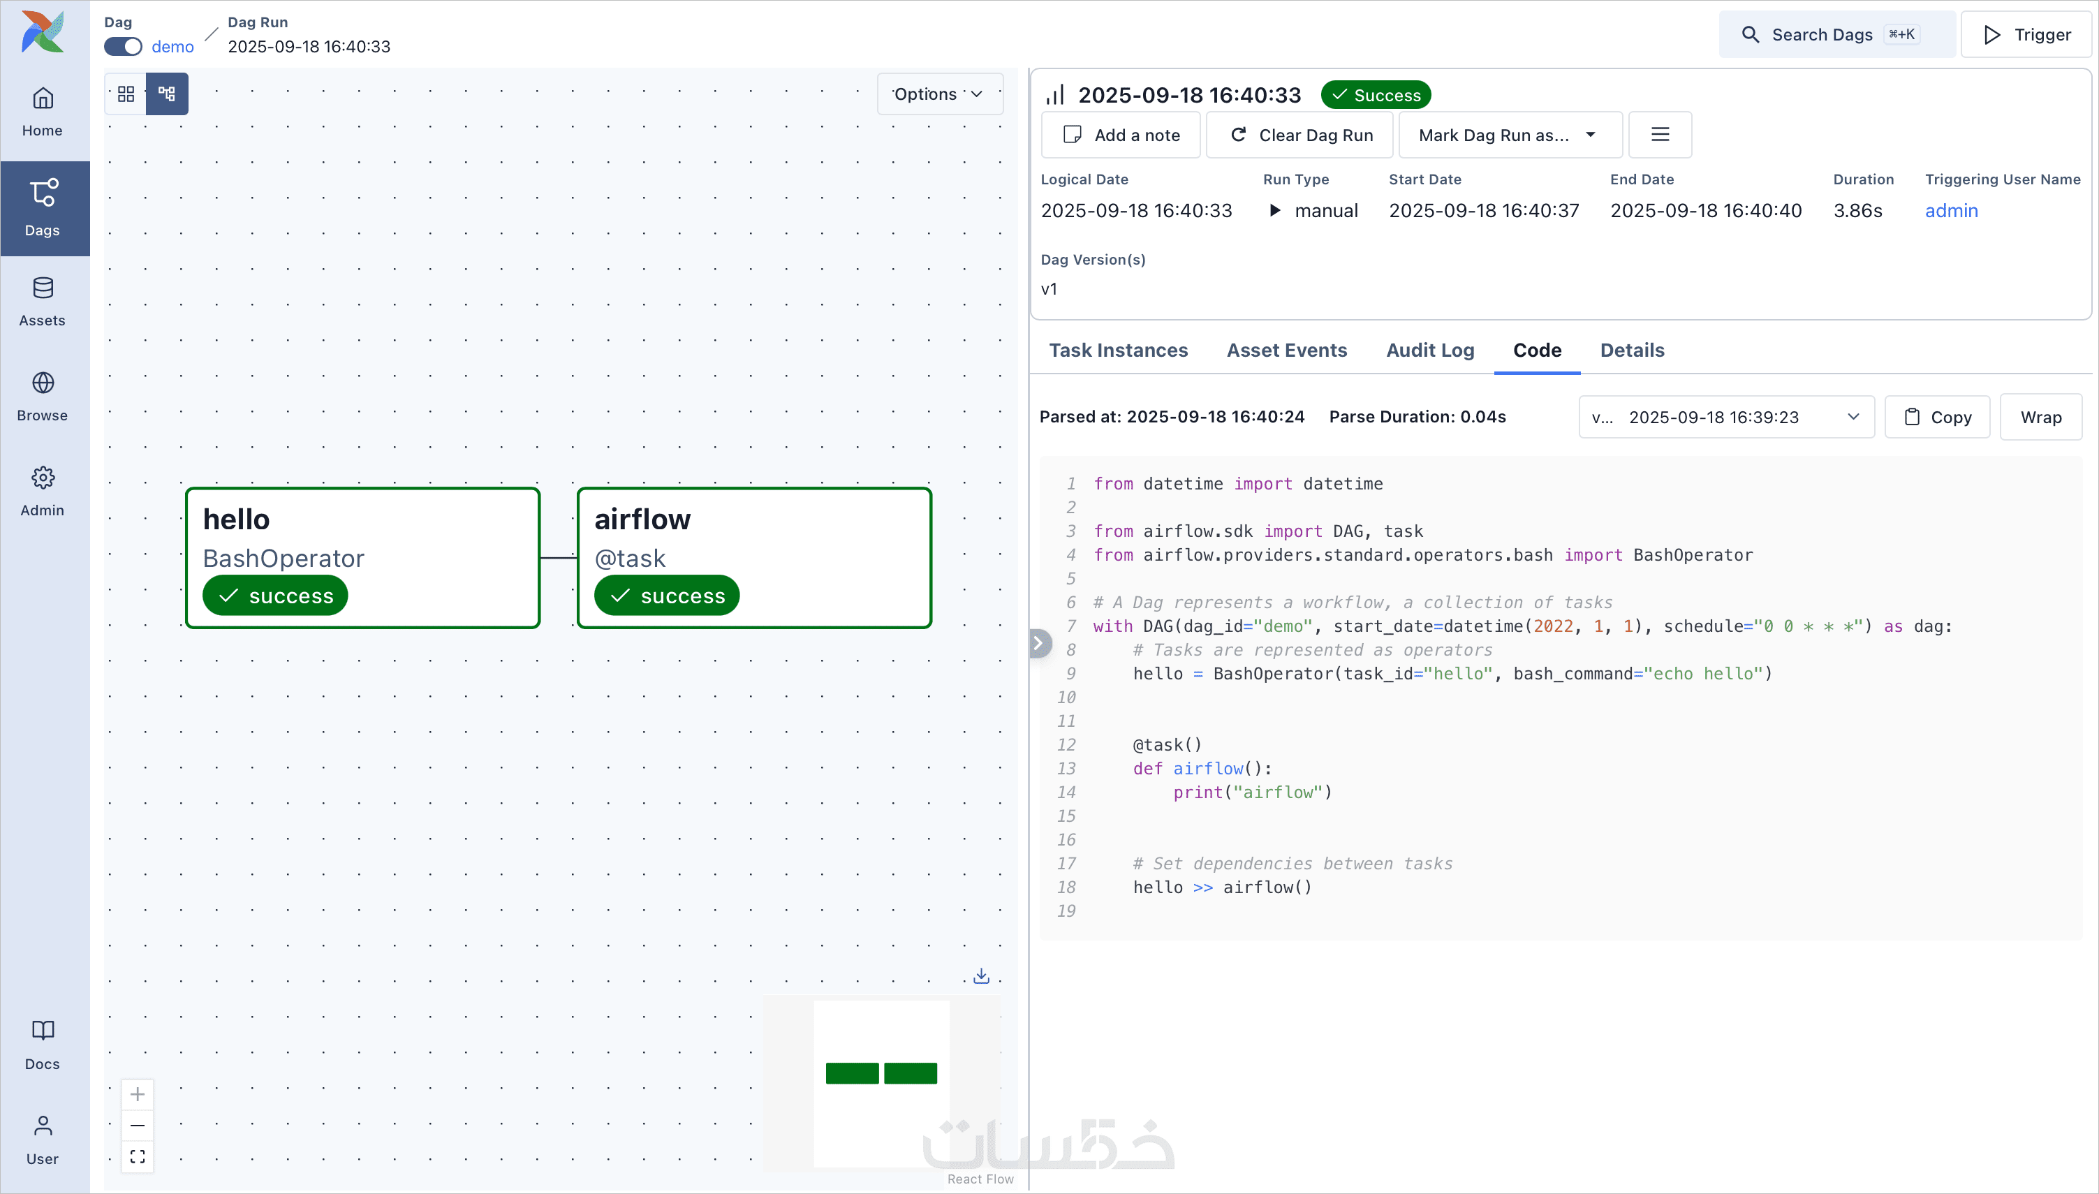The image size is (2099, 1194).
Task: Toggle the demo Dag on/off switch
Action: [123, 47]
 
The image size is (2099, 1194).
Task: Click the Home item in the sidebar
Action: [43, 112]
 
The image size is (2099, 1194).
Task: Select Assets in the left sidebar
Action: [43, 301]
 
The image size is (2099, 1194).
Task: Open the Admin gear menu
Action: [43, 490]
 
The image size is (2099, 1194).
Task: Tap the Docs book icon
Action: [43, 1044]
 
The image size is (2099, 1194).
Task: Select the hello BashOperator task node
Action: [362, 558]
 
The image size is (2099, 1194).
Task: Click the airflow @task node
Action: [753, 558]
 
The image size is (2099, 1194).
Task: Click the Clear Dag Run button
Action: [1300, 135]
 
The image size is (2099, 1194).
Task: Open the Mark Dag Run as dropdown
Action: [1510, 135]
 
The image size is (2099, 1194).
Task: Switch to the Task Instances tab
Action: [1119, 350]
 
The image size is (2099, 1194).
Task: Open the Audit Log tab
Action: [1430, 350]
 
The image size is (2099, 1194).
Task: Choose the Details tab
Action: [1632, 350]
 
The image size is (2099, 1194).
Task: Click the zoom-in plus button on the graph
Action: [138, 1094]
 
